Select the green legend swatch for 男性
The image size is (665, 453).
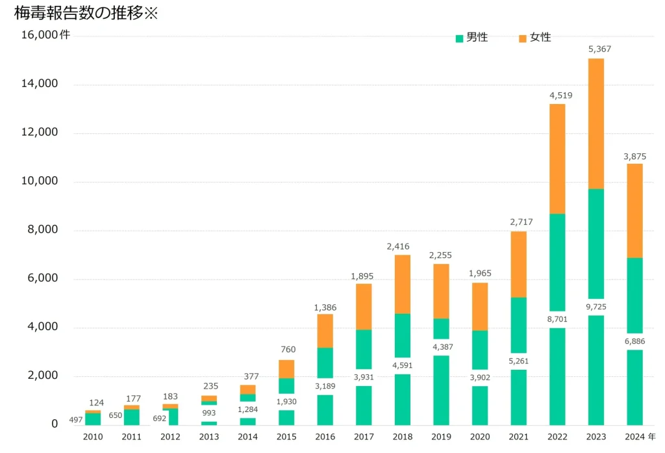tap(460, 38)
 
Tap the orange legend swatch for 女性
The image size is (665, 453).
tap(523, 38)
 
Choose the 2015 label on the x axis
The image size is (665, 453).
tap(286, 437)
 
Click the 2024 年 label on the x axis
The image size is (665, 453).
tap(638, 437)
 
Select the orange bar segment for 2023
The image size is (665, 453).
tap(596, 123)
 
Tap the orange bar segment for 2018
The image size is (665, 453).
tap(402, 284)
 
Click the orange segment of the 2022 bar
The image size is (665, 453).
tap(557, 159)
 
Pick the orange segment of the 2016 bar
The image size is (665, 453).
tap(325, 331)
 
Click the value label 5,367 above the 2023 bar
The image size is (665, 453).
tap(599, 49)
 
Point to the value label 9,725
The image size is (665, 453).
tap(596, 307)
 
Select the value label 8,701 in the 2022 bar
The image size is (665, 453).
tap(557, 319)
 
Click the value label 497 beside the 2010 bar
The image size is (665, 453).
tap(76, 420)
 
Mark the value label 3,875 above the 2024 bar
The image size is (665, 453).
tap(634, 156)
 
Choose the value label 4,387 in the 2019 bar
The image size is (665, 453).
tap(441, 347)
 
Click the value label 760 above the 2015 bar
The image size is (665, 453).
tap(286, 350)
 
